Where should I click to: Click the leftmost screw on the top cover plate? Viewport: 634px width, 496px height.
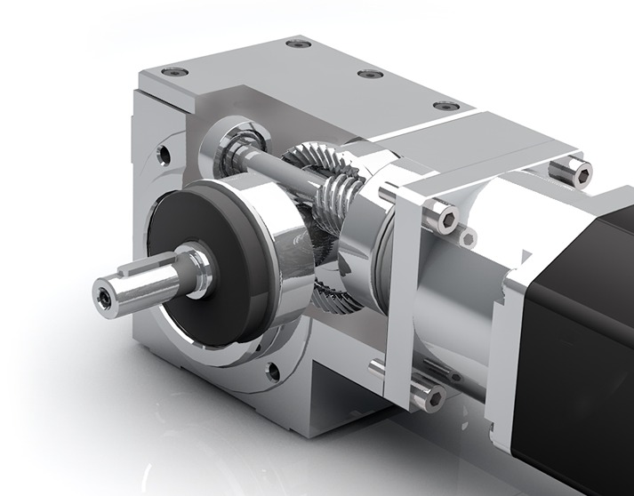(176, 70)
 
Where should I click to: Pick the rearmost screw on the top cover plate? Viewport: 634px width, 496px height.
(298, 43)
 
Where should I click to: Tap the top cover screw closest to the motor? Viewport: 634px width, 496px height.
(446, 106)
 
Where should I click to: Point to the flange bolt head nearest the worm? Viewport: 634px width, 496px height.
(441, 214)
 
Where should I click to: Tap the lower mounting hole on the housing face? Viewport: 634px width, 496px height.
(272, 371)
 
